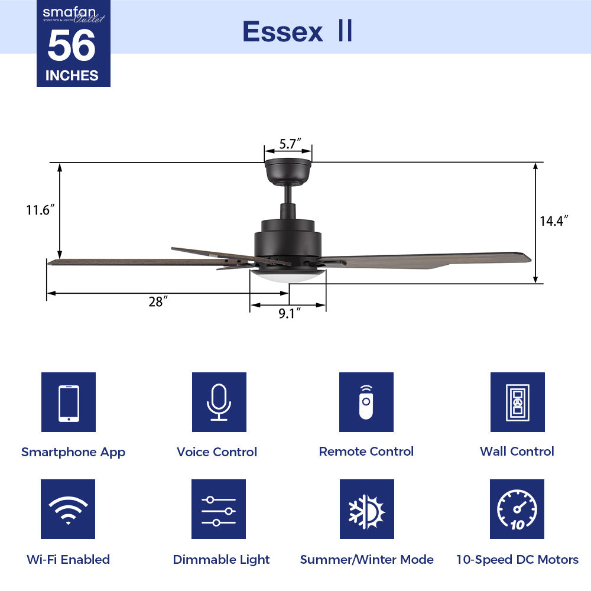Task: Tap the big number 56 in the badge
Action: pyautogui.click(x=72, y=47)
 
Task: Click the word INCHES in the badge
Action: pyautogui.click(x=72, y=76)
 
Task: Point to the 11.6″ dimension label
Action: pyautogui.click(x=40, y=210)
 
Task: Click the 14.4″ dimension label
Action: pyautogui.click(x=554, y=221)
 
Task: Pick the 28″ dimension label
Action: pyautogui.click(x=155, y=302)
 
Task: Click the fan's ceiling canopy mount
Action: pyautogui.click(x=288, y=171)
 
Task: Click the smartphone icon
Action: pyautogui.click(x=69, y=402)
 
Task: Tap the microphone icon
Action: pyautogui.click(x=219, y=402)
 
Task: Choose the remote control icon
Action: pyautogui.click(x=366, y=402)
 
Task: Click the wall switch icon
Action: pyautogui.click(x=517, y=402)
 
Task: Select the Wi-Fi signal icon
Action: pyautogui.click(x=68, y=509)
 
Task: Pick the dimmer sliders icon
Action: pyautogui.click(x=219, y=509)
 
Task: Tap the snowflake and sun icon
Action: pyautogui.click(x=366, y=509)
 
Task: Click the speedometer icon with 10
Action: pyautogui.click(x=517, y=509)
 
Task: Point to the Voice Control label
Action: pyautogui.click(x=217, y=452)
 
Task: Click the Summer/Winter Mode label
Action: pyautogui.click(x=366, y=560)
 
